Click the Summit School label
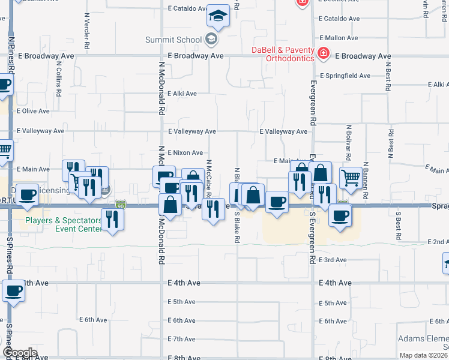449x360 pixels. pos(173,40)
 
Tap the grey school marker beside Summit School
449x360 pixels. pos(210,40)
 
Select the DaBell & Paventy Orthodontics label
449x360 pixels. pos(282,54)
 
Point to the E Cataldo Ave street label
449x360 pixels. pos(187,10)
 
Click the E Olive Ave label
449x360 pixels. pos(33,111)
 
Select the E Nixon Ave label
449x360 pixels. pos(185,153)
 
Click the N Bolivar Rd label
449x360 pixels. pos(348,141)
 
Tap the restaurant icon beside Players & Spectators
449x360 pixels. pos(112,218)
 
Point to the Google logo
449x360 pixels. pos(20,353)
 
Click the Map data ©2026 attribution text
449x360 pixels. pos(424,355)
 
